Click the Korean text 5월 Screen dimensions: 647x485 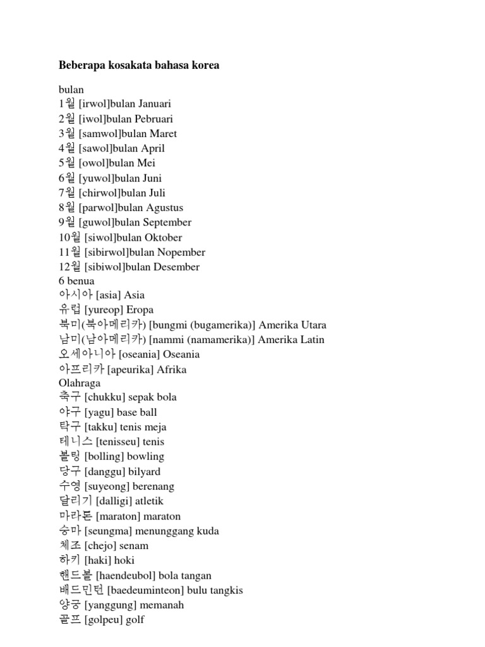(x=67, y=163)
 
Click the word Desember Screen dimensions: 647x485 (x=176, y=267)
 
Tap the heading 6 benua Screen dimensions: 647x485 (x=76, y=281)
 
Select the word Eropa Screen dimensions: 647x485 (x=140, y=310)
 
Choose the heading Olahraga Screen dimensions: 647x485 (x=79, y=384)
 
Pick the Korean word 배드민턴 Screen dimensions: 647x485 (x=81, y=590)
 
